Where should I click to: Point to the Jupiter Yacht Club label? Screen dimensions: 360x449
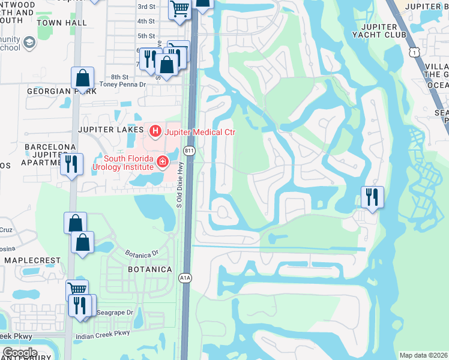(379, 31)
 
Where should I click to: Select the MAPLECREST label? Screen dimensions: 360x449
(32, 260)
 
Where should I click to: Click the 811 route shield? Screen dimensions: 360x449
(190, 149)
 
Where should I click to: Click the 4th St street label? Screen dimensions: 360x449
(146, 21)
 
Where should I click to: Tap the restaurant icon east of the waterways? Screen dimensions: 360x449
(372, 196)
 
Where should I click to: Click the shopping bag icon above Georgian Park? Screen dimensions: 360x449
(82, 78)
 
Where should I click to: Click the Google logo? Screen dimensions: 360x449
(19, 353)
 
